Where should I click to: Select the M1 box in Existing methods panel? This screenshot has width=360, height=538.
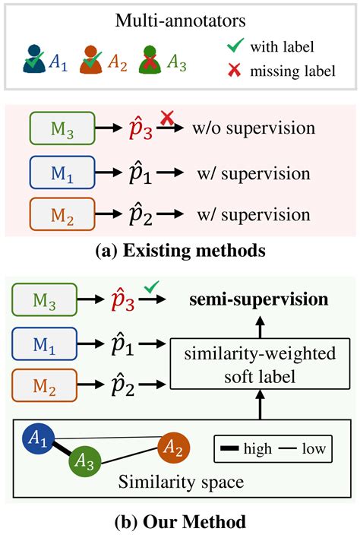pos(62,171)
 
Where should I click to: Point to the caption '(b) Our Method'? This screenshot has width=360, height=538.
pos(180,523)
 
